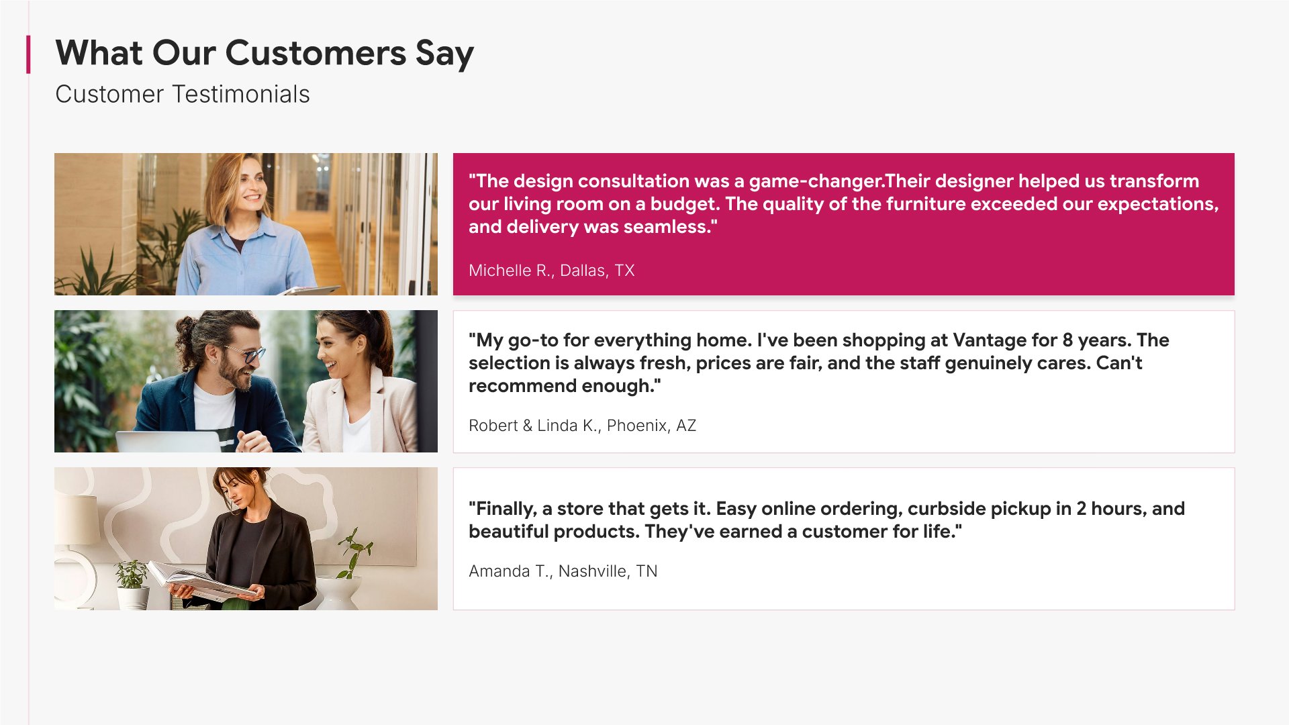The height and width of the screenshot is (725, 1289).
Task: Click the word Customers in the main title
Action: (x=316, y=53)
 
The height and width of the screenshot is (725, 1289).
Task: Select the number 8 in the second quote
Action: (x=1067, y=340)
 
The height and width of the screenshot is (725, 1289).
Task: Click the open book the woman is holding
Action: (x=201, y=581)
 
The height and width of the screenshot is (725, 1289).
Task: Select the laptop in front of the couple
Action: (x=172, y=442)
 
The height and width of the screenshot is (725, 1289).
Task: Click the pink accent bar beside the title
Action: (x=28, y=54)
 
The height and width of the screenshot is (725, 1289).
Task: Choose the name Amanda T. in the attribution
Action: (x=508, y=571)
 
